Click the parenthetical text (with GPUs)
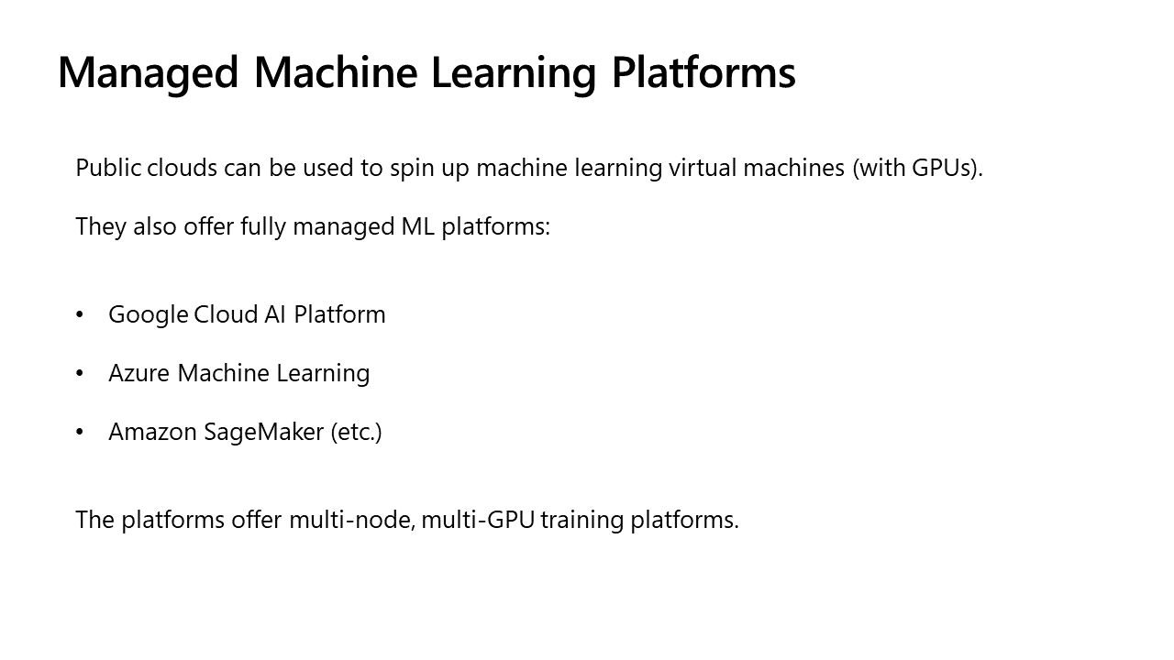917,169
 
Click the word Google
149,314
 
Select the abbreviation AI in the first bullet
275,314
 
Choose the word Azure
139,373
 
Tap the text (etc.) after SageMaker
356,432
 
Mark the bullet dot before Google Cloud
80,315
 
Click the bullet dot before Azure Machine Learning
80,374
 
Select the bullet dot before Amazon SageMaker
80,433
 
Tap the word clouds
182,169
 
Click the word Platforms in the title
703,73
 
